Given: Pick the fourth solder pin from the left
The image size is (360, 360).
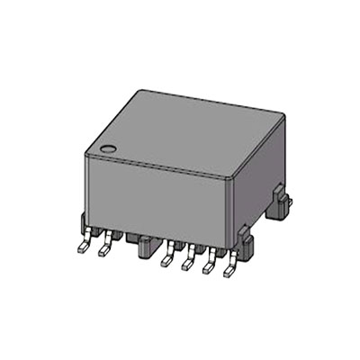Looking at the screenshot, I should click(188, 263).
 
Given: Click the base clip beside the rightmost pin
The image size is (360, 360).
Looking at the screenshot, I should click(245, 241).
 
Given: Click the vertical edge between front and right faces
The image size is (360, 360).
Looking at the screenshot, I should click(236, 211).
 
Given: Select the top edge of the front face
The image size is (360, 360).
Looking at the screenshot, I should click(160, 166).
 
